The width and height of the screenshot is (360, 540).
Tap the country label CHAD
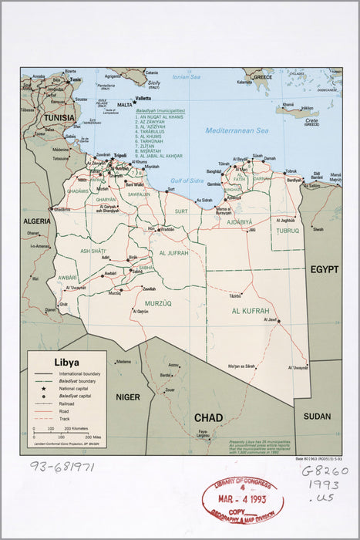point(208,418)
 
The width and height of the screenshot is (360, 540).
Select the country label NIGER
point(127,397)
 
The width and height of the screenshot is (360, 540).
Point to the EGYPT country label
point(325,269)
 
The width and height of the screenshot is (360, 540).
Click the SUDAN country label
point(317,416)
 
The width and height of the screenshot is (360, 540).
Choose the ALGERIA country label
point(35,221)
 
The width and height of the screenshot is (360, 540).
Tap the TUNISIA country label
point(59,117)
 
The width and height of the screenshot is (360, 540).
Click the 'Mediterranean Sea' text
point(237,130)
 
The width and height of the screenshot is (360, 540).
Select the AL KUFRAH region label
point(251,311)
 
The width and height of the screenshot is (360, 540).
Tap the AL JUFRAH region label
point(176,252)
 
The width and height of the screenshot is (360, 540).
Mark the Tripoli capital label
point(119,155)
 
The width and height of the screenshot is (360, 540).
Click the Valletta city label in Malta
point(143,99)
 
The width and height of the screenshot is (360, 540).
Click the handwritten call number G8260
point(324,471)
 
